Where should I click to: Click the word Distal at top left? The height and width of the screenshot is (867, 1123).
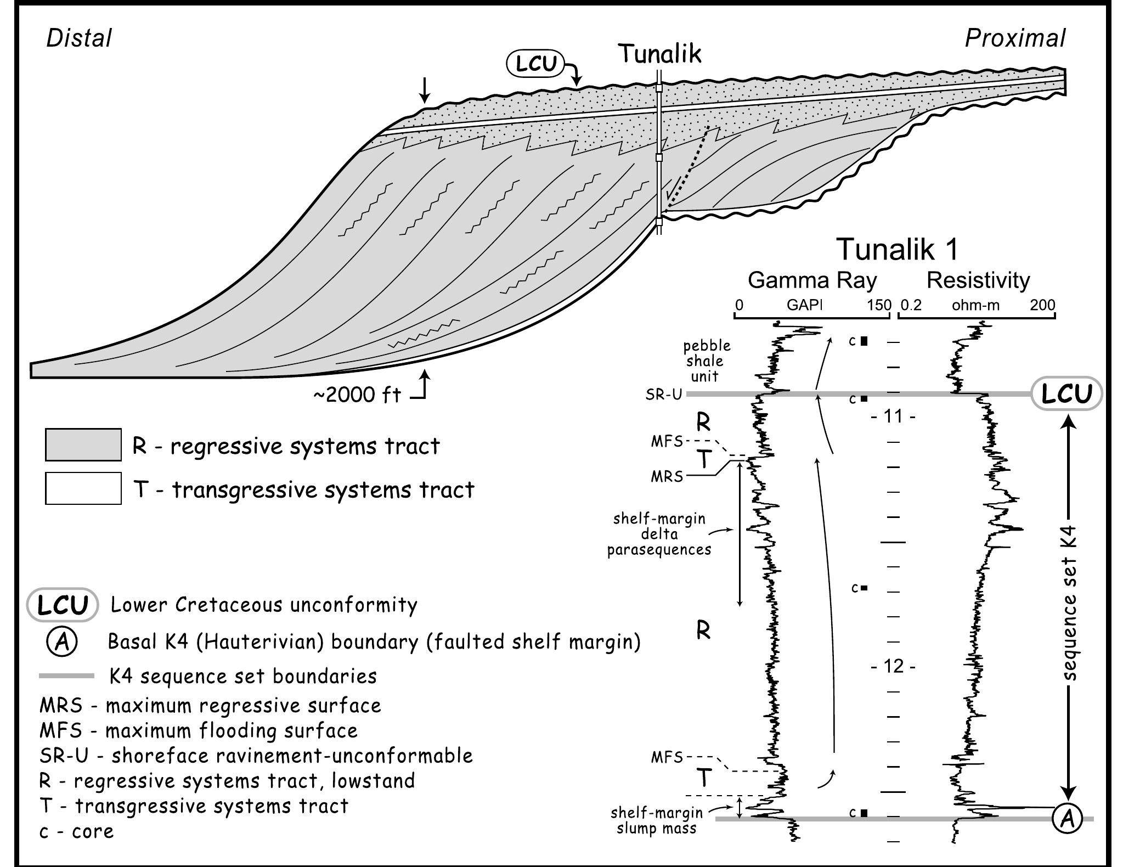point(79,38)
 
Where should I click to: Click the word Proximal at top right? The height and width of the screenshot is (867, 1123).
point(1014,38)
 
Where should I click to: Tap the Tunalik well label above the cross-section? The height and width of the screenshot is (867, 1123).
point(660,54)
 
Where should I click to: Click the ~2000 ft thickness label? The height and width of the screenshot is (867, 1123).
point(357,395)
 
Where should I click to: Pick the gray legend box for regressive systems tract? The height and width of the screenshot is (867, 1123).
point(83,444)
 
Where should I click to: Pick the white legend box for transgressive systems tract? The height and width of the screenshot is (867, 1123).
point(83,488)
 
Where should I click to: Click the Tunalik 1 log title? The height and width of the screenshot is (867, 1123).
point(897,249)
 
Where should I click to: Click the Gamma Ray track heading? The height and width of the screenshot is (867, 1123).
point(812,280)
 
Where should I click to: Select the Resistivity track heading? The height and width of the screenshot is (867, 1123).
point(978,280)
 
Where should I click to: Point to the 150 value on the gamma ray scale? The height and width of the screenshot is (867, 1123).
point(879,306)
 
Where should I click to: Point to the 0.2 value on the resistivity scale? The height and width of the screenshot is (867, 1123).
point(911,306)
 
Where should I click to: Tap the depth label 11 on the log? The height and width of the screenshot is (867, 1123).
point(893,416)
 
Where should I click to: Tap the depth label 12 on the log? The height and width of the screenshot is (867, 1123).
point(893,666)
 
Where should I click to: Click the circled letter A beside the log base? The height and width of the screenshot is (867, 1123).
point(1067,819)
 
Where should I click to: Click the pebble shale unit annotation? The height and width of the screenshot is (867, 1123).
point(707,361)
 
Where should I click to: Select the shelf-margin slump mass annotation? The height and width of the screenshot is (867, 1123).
point(656,820)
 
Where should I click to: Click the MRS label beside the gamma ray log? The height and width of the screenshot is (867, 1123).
point(667,476)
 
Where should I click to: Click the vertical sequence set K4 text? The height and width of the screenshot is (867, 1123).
point(1069,612)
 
